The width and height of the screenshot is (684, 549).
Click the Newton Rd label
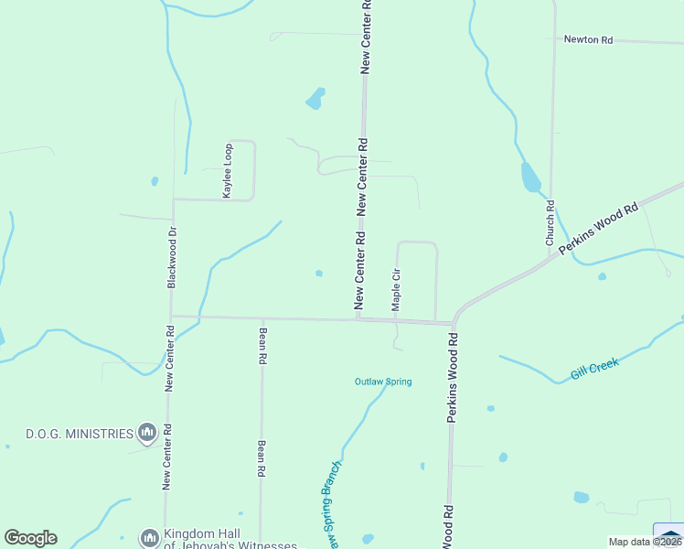(x=587, y=39)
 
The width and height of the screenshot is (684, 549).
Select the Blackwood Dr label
(x=171, y=258)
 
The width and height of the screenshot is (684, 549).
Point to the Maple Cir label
(x=396, y=290)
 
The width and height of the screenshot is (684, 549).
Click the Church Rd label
(x=550, y=224)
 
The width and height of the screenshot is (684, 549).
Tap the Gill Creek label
(x=594, y=369)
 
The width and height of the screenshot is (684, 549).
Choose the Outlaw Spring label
(x=383, y=382)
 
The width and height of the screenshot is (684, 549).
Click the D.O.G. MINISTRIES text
(x=80, y=433)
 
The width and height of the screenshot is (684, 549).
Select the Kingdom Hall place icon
(x=148, y=537)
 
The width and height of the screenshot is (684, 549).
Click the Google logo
(x=30, y=538)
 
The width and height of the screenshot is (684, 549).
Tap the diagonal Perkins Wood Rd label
(x=598, y=229)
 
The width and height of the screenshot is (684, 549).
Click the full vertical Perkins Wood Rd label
(x=452, y=377)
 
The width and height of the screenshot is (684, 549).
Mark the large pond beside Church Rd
(x=530, y=178)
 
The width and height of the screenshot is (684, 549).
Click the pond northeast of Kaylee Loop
(x=315, y=98)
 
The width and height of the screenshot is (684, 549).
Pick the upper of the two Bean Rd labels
(x=262, y=348)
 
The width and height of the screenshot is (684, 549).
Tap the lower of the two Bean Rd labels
(x=262, y=459)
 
